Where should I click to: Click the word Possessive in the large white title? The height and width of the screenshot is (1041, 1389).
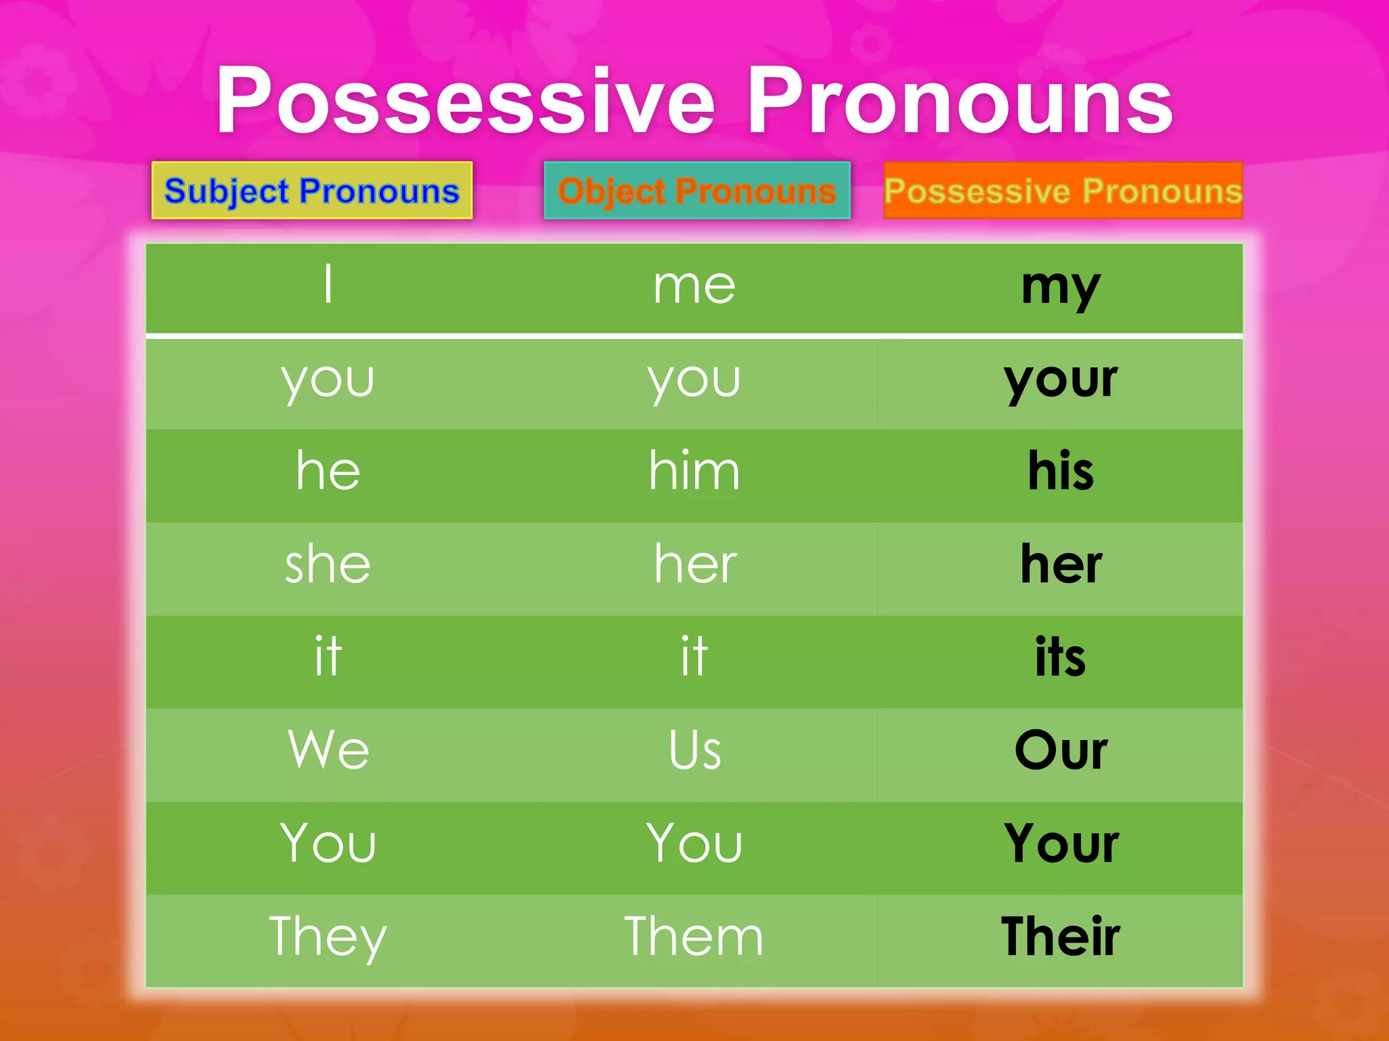coord(466,102)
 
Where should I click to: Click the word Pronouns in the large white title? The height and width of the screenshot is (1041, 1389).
coord(960,102)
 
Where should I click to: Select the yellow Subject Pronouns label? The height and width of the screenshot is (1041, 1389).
coord(312,190)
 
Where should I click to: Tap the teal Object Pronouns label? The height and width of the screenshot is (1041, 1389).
coord(697,190)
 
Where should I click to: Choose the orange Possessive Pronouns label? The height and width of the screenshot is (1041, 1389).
coord(1063,190)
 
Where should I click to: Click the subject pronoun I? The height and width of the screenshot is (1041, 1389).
coord(328,285)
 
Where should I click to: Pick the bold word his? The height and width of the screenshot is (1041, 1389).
coord(1061,470)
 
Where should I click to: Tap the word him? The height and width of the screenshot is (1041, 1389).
coord(694,470)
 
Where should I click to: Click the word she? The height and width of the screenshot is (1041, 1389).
coord(328,564)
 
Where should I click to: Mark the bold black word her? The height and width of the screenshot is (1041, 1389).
coord(1061,564)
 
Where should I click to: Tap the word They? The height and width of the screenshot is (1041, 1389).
coord(328,937)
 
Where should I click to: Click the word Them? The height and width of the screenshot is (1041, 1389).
coord(694,937)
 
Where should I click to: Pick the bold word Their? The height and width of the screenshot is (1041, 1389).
coord(1061,937)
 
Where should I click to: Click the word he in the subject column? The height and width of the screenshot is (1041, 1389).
coord(328,470)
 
